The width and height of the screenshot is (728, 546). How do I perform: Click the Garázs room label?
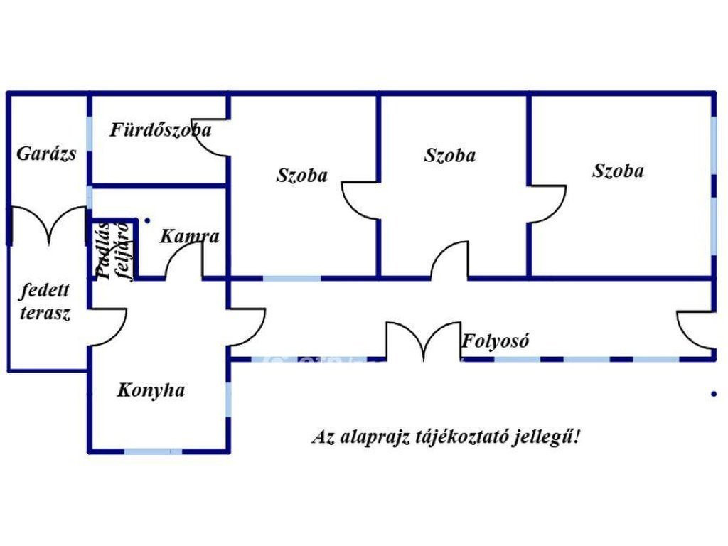pyautogui.click(x=46, y=154)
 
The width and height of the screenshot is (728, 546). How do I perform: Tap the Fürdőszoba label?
pyautogui.click(x=160, y=129)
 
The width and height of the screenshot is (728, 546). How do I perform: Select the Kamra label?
pyautogui.click(x=189, y=236)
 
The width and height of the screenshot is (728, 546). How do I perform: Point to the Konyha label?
pyautogui.click(x=151, y=390)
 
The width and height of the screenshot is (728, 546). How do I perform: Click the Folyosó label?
pyautogui.click(x=495, y=341)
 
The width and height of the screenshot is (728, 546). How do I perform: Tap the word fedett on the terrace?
pyautogui.click(x=45, y=291)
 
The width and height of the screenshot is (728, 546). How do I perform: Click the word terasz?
pyautogui.click(x=45, y=314)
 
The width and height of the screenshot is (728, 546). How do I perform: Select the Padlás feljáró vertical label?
pyautogui.click(x=113, y=251)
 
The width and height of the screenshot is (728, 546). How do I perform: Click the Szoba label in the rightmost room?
pyautogui.click(x=618, y=171)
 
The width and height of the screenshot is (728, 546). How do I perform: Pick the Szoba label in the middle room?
pyautogui.click(x=449, y=155)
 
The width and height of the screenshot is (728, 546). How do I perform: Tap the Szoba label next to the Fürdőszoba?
pyautogui.click(x=301, y=175)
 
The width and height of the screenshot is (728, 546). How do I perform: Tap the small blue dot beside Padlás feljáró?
pyautogui.click(x=147, y=221)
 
